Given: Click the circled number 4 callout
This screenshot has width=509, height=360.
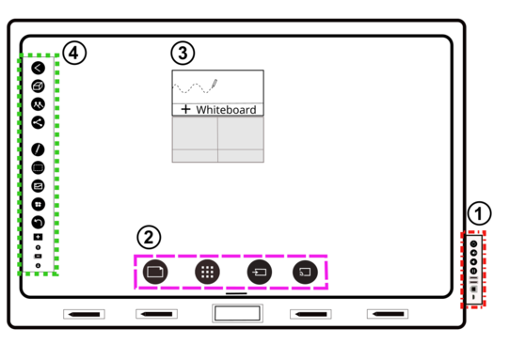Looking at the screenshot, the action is coord(74,53).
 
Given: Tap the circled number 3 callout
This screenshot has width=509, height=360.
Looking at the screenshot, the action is coord(183,53).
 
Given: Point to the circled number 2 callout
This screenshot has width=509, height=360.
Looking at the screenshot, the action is coord(149,238).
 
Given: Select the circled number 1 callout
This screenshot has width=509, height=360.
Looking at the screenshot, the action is coord(479,213).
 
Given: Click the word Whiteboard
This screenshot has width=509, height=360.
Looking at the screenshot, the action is coord(226,110).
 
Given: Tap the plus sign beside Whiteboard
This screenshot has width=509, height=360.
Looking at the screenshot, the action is coord(185,109).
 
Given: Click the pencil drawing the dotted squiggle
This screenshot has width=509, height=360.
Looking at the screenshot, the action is coord(215,84).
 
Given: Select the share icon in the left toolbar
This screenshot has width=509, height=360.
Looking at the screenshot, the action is coord(38,122).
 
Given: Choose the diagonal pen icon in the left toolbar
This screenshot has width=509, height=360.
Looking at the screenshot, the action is coord(38,149).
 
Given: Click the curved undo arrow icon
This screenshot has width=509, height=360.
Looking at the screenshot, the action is coord(38,223).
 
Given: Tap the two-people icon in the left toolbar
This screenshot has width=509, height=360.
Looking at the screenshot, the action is coord(38,104).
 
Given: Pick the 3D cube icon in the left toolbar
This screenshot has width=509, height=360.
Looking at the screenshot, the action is coord(38,86).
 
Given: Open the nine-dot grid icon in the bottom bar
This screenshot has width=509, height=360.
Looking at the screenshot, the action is coord(207,272).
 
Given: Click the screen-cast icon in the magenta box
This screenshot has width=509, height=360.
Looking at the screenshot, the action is coord(305,272).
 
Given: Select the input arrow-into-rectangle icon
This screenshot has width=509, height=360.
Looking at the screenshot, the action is coord(260,272).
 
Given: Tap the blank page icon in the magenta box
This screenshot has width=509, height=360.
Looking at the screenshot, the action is coord(155,272).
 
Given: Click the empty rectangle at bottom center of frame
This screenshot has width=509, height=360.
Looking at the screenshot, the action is coord(237,313).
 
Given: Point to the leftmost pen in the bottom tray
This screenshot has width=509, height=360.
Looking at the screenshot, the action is coord(84,314).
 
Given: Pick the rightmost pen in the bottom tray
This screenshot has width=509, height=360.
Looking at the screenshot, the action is coord(388,314).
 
